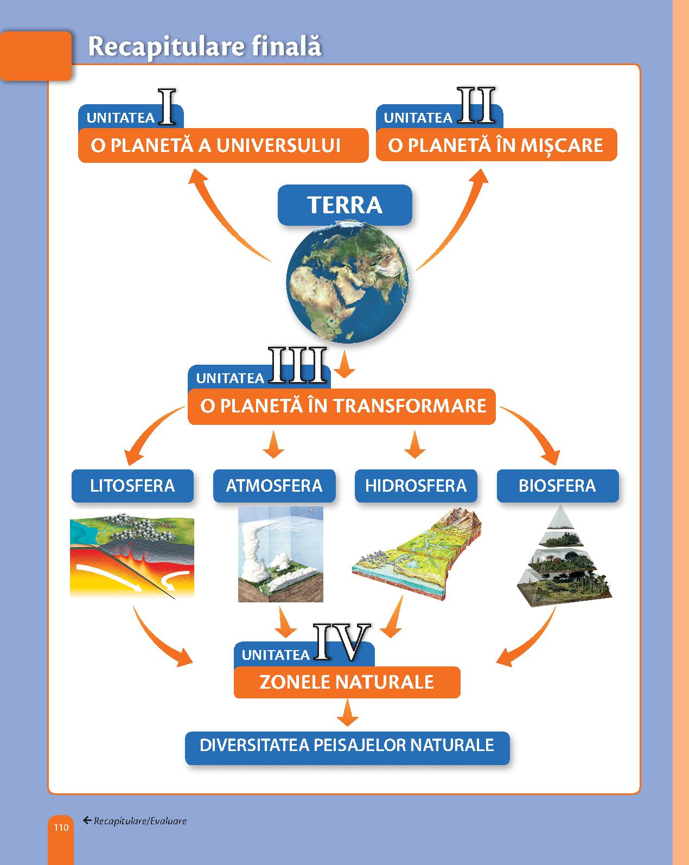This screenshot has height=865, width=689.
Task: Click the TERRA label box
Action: [345, 205]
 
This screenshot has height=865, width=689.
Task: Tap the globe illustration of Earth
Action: [348, 282]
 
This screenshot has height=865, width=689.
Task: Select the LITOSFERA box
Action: [133, 486]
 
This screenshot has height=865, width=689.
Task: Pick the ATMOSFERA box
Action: [274, 486]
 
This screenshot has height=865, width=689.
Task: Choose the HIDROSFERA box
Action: [416, 486]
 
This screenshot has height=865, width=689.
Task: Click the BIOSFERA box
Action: [558, 486]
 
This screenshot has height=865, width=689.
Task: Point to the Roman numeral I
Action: [167, 107]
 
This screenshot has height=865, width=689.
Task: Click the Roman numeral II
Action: [476, 105]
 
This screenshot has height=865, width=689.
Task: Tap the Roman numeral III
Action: [297, 365]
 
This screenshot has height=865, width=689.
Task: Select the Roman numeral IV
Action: [342, 643]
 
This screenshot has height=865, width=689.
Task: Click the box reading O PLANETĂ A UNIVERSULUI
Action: [223, 145]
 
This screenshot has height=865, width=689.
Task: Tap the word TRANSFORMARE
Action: [410, 405]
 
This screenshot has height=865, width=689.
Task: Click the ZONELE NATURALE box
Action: [347, 682]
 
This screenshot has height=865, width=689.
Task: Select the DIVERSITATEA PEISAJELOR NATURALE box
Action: [347, 745]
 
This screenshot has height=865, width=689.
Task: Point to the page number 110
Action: [61, 827]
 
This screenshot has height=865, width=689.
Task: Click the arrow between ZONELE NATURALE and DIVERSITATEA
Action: [348, 713]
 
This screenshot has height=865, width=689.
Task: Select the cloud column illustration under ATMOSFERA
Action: [280, 554]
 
